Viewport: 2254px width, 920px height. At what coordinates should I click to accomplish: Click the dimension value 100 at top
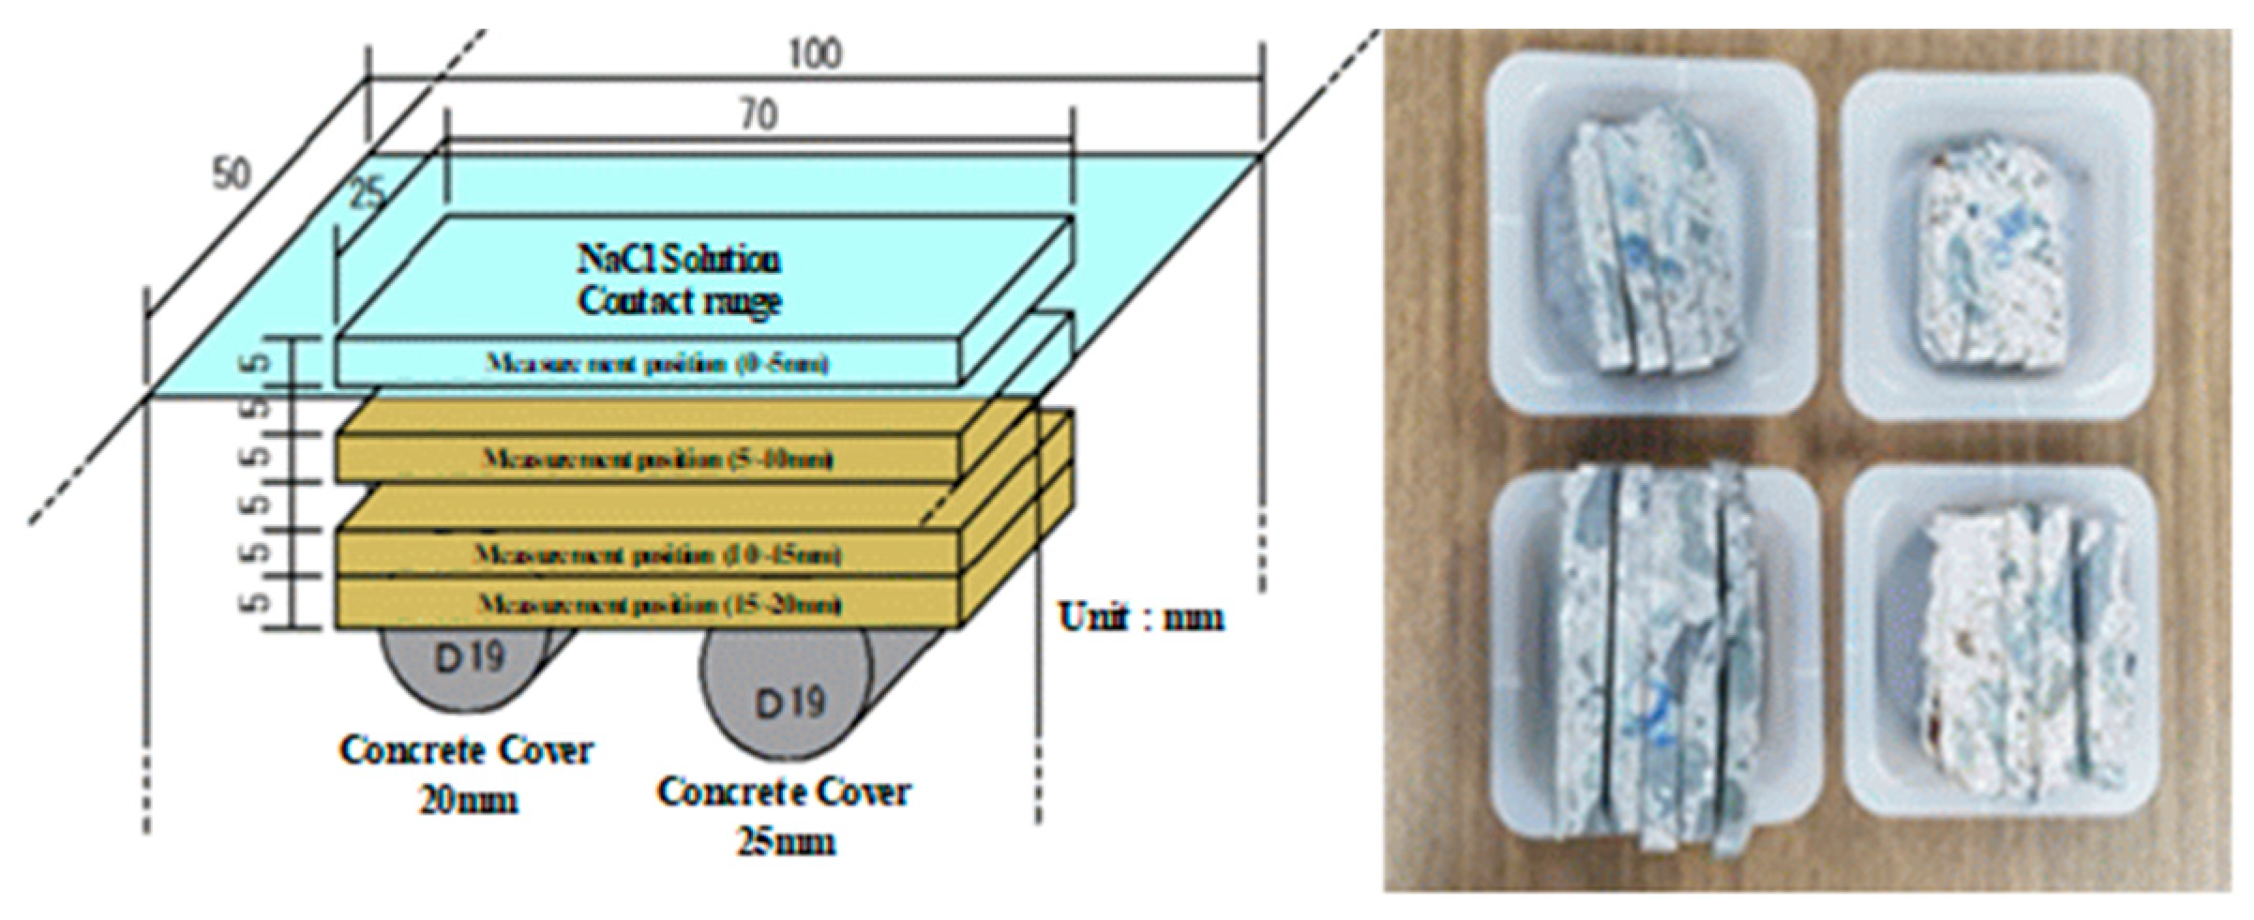click(x=814, y=53)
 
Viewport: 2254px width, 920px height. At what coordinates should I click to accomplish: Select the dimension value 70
click(x=759, y=115)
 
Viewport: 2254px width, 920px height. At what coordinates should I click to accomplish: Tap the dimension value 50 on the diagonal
click(x=231, y=173)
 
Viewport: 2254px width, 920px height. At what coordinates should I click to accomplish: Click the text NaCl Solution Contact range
click(x=679, y=279)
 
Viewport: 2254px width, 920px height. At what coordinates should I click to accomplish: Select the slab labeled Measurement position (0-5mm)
click(x=656, y=364)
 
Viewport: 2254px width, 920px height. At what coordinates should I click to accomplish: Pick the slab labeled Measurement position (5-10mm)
click(x=656, y=460)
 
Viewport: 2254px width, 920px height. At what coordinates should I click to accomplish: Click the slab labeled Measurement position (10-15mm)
click(x=656, y=555)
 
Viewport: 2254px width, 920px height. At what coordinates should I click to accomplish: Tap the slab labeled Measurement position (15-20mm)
click(x=656, y=604)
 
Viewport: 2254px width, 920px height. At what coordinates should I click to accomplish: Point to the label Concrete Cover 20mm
click(x=466, y=774)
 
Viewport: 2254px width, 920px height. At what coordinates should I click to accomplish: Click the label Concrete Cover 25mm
click(x=784, y=815)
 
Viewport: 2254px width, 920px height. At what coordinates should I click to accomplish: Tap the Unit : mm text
click(x=1140, y=617)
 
